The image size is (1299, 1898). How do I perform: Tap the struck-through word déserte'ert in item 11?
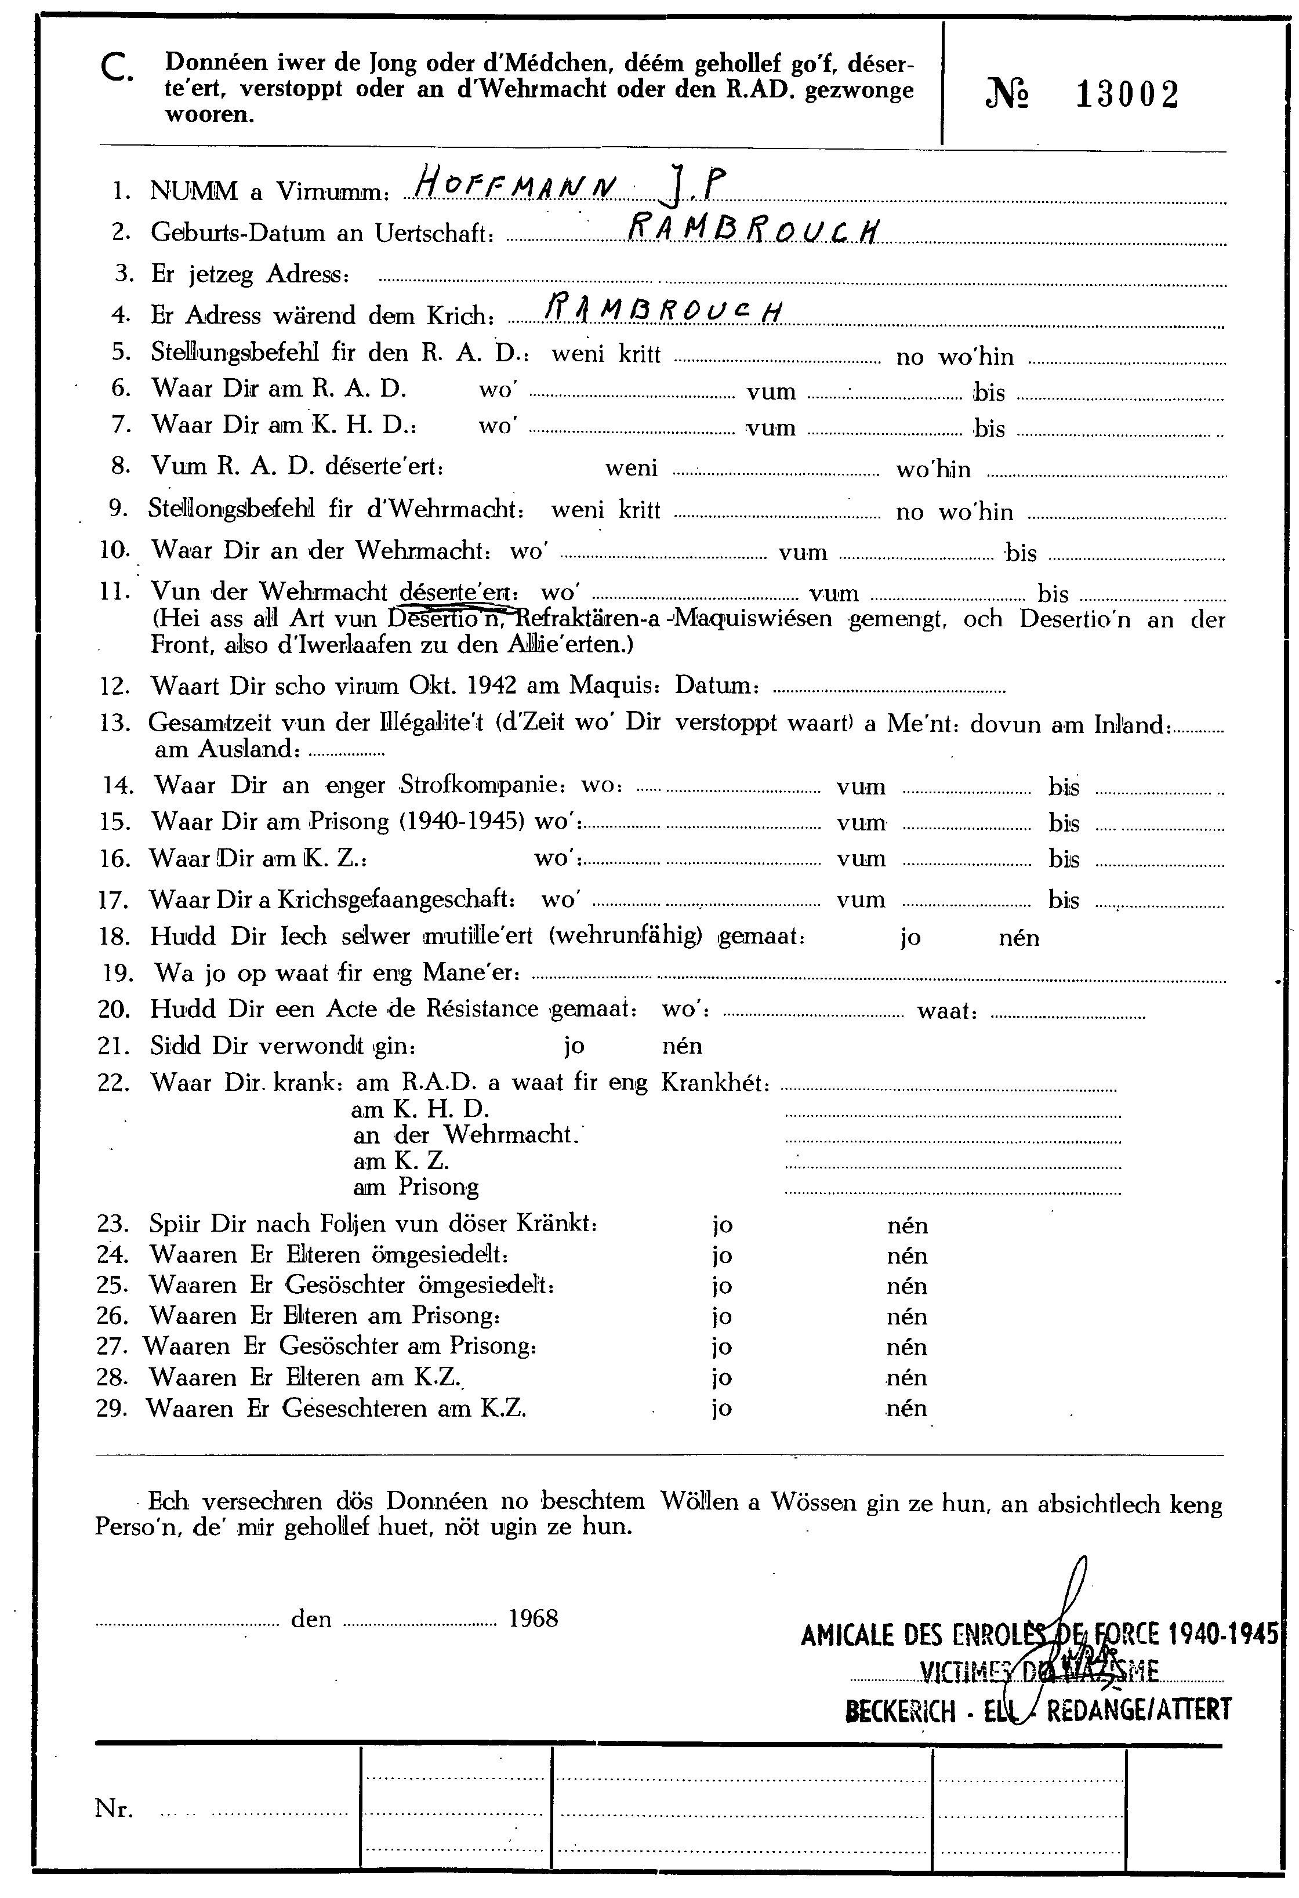[x=458, y=591]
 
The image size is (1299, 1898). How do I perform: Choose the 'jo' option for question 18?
[x=910, y=938]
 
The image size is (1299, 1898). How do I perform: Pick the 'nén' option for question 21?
[x=683, y=1046]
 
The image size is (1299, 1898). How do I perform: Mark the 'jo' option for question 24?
[x=722, y=1256]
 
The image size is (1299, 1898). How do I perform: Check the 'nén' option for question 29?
[x=906, y=1409]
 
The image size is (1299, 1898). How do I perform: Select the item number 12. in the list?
[x=114, y=686]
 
